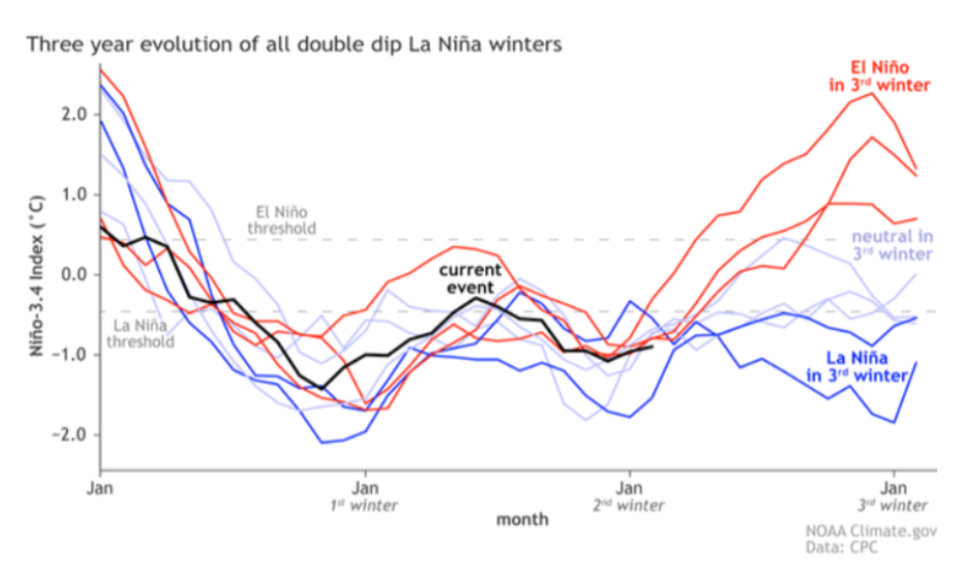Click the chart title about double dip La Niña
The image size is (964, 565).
293,44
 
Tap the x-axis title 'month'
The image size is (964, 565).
523,518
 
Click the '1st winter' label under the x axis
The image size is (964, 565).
364,506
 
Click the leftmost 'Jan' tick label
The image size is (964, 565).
99,488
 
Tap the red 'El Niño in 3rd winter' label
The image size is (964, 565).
879,77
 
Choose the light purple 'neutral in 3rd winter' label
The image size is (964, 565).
890,246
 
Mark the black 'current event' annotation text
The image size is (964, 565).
470,278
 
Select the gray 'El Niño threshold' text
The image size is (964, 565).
281,219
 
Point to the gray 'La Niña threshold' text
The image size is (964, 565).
142,334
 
